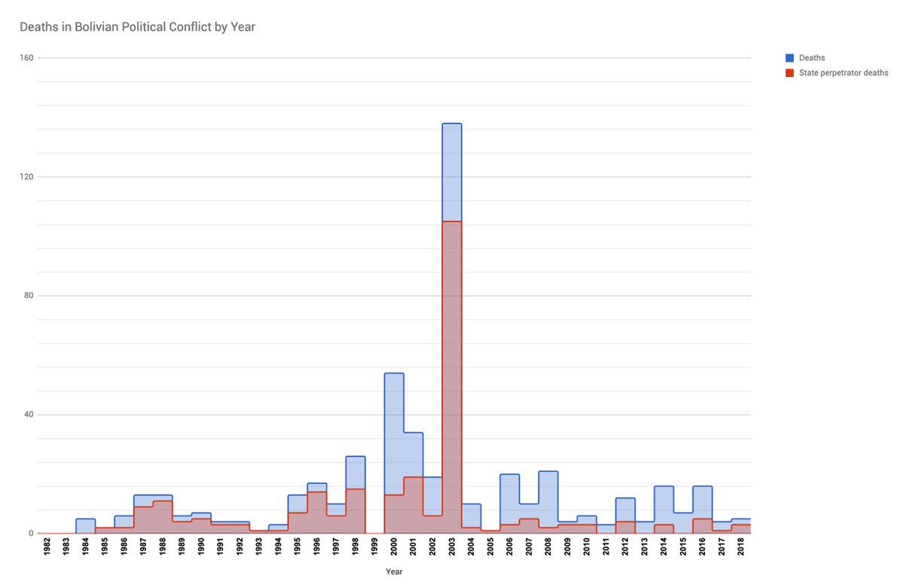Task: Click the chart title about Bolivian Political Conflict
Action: click(137, 27)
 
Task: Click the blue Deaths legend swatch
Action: click(789, 58)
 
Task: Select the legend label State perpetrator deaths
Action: click(844, 73)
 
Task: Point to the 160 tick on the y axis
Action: click(27, 58)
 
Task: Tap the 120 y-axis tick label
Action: click(27, 177)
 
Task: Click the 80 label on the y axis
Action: click(29, 295)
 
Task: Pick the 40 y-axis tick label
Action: click(29, 414)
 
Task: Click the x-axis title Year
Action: click(394, 571)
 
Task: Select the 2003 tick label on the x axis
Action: click(453, 547)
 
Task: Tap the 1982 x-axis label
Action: click(47, 547)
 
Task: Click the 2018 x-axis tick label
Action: click(742, 547)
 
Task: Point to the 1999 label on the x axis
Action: click(375, 547)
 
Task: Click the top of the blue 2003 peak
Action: click(452, 124)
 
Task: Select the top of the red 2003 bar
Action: click(452, 222)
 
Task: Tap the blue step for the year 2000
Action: click(394, 374)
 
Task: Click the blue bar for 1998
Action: click(356, 457)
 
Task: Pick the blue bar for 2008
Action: click(548, 472)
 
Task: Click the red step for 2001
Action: click(414, 478)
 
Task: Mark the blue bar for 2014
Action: click(664, 487)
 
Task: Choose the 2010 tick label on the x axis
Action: click(588, 547)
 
